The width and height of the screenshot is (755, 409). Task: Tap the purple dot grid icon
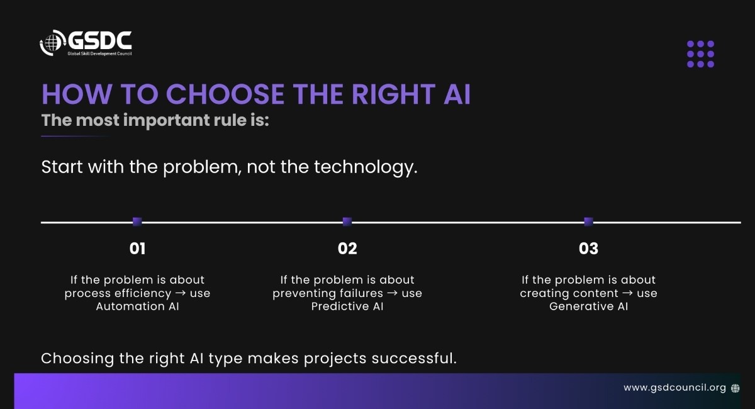click(x=700, y=54)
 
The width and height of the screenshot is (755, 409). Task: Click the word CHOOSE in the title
click(x=225, y=94)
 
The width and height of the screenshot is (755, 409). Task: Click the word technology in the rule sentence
click(x=366, y=167)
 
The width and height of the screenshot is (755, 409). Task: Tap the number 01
click(x=138, y=249)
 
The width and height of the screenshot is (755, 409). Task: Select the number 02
click(x=347, y=249)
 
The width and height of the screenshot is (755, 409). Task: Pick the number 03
click(x=588, y=249)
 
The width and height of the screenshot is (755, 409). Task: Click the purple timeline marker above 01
click(x=137, y=221)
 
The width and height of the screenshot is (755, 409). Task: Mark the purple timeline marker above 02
click(x=347, y=221)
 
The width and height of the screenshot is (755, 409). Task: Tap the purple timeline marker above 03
click(x=588, y=221)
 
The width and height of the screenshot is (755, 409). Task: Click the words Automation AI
click(x=138, y=306)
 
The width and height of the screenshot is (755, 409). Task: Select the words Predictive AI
click(x=347, y=306)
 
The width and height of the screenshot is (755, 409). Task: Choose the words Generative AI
click(x=588, y=306)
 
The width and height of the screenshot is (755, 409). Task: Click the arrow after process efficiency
click(x=181, y=293)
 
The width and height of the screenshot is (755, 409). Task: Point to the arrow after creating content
click(x=628, y=293)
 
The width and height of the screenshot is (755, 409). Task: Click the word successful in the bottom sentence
click(x=414, y=358)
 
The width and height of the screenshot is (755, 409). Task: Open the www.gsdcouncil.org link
click(x=674, y=388)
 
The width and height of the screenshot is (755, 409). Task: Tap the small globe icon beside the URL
click(x=735, y=388)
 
